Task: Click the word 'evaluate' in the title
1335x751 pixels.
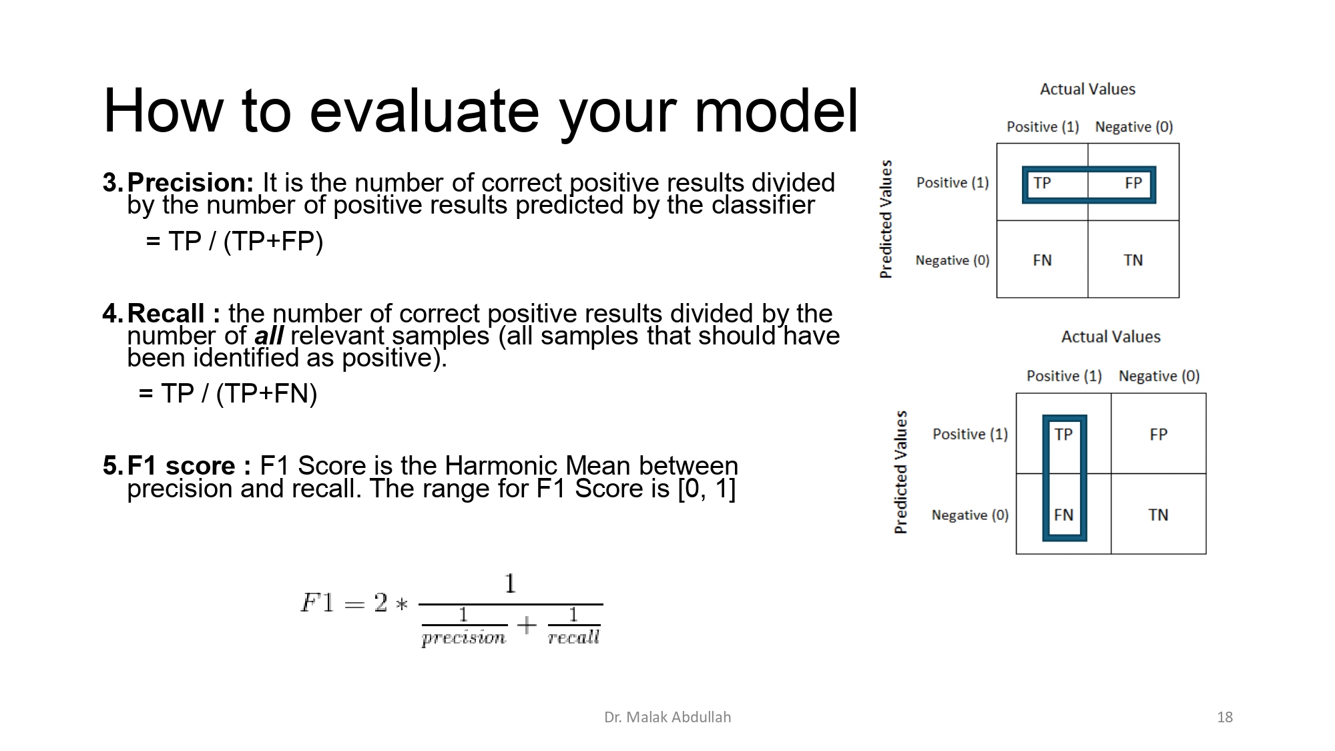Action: [x=424, y=111]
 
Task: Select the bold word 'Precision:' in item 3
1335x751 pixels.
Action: [x=190, y=182]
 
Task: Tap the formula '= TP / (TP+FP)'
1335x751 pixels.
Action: [x=234, y=241]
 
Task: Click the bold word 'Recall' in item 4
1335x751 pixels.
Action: [x=166, y=313]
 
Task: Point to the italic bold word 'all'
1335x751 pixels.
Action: [x=269, y=336]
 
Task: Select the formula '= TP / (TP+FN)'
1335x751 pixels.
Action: [x=228, y=393]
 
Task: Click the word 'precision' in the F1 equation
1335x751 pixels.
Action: [x=464, y=638]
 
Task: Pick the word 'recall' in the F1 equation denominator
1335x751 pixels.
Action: [x=573, y=638]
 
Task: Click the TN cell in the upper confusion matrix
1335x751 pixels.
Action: [x=1133, y=260]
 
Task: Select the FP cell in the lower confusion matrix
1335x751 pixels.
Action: [x=1158, y=434]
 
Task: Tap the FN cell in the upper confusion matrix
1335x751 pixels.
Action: [x=1042, y=260]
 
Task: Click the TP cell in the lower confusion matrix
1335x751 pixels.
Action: [x=1063, y=434]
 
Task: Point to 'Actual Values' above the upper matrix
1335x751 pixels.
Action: [x=1087, y=89]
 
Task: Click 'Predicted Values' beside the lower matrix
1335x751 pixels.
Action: [x=900, y=471]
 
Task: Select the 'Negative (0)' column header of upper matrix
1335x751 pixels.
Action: [x=1133, y=127]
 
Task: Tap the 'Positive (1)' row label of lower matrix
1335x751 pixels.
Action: [x=970, y=434]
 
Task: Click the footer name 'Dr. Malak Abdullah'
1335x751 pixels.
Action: [x=667, y=717]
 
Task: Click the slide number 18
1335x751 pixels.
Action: [x=1224, y=717]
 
